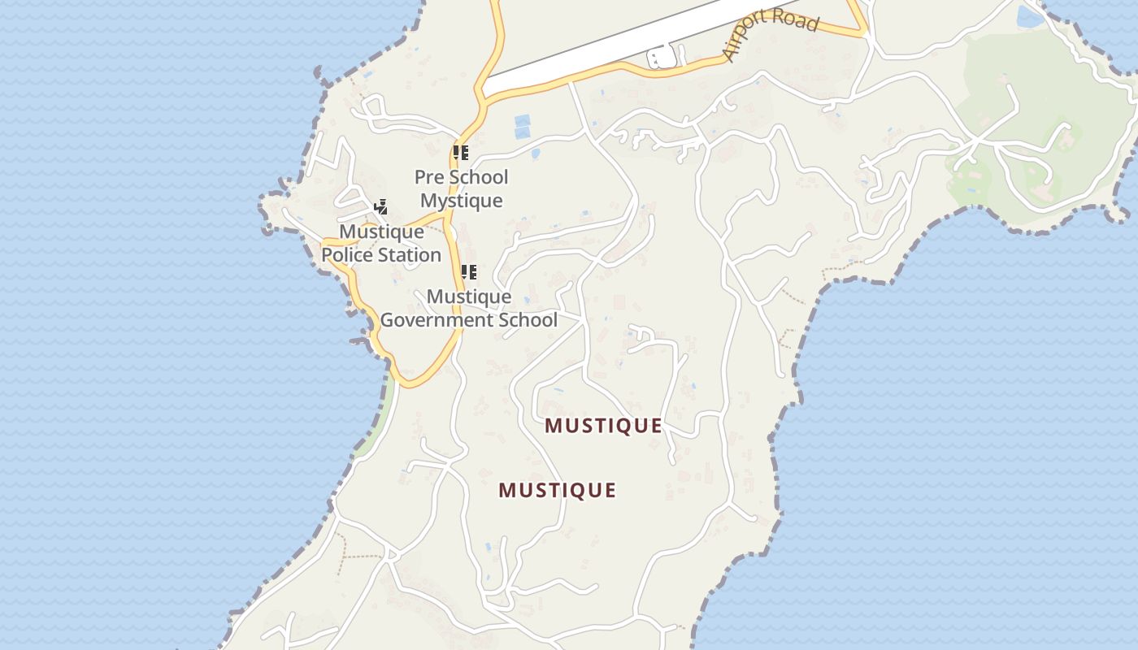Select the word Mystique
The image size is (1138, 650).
pyautogui.click(x=462, y=201)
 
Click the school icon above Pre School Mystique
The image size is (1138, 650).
pyautogui.click(x=461, y=153)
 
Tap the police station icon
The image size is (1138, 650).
pyautogui.click(x=380, y=208)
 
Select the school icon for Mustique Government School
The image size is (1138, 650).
pyautogui.click(x=468, y=272)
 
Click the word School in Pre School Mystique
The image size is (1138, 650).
pyautogui.click(x=479, y=177)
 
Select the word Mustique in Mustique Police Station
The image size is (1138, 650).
pyautogui.click(x=381, y=232)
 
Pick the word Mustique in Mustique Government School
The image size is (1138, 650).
pyautogui.click(x=469, y=297)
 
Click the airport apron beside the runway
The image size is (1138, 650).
pyautogui.click(x=662, y=58)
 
